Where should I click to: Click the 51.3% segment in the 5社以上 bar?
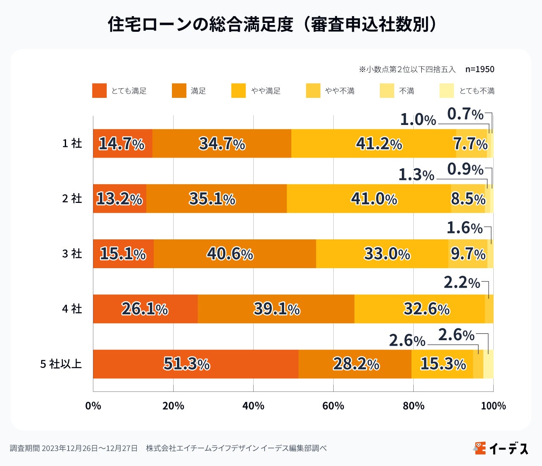(196, 364)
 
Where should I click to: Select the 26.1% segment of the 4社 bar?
(145, 309)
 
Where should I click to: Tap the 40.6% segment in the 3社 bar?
(235, 254)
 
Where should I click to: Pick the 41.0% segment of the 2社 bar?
(369, 199)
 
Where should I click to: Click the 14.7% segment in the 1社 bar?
(122, 144)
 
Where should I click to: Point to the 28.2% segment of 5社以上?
(355, 364)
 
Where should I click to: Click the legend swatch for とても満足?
(100, 91)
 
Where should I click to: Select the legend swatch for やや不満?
(313, 91)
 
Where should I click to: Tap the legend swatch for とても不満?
(447, 91)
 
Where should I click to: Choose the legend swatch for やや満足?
(238, 91)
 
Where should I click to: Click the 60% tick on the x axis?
(333, 406)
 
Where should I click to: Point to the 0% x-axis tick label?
(93, 406)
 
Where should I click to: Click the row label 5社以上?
(61, 364)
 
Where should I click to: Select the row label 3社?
(72, 254)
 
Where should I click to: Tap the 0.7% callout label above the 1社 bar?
(465, 114)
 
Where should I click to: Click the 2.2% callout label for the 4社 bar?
(462, 283)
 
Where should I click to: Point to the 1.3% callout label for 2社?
(416, 175)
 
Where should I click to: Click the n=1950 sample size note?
(480, 69)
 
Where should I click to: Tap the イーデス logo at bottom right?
(501, 448)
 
